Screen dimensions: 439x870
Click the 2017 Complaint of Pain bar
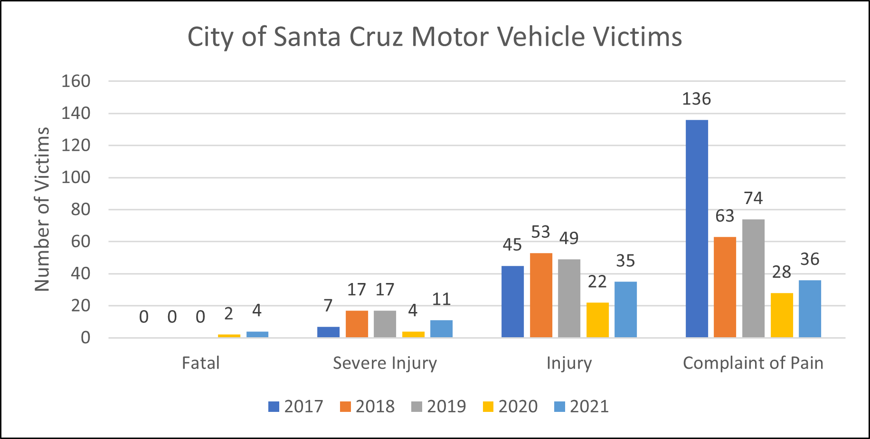pyautogui.click(x=697, y=228)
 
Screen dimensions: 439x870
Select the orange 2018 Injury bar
pyautogui.click(x=541, y=295)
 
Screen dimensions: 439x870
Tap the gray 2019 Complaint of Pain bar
pyautogui.click(x=753, y=278)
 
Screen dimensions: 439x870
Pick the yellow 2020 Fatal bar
pyautogui.click(x=229, y=336)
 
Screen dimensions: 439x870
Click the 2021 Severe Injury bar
pyautogui.click(x=441, y=329)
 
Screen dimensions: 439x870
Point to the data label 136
pyautogui.click(x=696, y=99)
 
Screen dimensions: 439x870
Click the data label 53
pyautogui.click(x=540, y=232)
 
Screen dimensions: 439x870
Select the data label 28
pyautogui.click(x=781, y=272)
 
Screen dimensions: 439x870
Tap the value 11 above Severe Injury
pyautogui.click(x=441, y=299)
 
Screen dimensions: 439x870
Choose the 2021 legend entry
pyautogui.click(x=582, y=407)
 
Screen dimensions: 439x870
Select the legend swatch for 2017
pyautogui.click(x=274, y=407)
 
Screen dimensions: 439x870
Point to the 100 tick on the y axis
pyautogui.click(x=76, y=177)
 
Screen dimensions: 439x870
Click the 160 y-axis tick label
pyautogui.click(x=76, y=81)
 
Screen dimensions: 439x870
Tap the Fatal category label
pyautogui.click(x=200, y=363)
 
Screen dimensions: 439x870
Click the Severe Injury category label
pyautogui.click(x=385, y=363)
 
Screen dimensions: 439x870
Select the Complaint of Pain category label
pyautogui.click(x=753, y=363)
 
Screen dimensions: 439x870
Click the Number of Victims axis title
pyautogui.click(x=42, y=209)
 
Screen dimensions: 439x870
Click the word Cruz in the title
pyautogui.click(x=376, y=37)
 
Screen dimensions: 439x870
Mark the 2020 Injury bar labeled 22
pyautogui.click(x=597, y=320)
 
